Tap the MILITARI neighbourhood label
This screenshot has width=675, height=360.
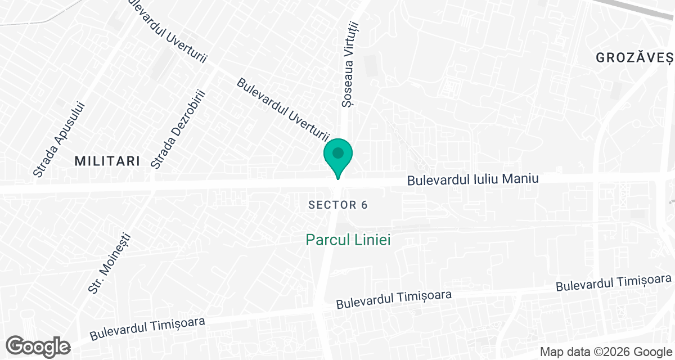pyautogui.click(x=107, y=161)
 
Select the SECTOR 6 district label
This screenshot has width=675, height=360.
pyautogui.click(x=338, y=205)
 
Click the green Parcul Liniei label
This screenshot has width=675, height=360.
pyautogui.click(x=348, y=240)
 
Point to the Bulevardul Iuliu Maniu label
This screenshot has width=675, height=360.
pyautogui.click(x=472, y=180)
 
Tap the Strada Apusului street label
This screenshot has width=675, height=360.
pyautogui.click(x=58, y=139)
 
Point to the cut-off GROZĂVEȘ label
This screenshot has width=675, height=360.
pyautogui.click(x=634, y=57)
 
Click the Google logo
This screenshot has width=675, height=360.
pyautogui.click(x=38, y=345)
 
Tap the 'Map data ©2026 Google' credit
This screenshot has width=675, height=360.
pyautogui.click(x=605, y=352)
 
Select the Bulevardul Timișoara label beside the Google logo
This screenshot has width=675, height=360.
pyautogui.click(x=147, y=330)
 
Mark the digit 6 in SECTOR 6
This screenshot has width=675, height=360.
pyautogui.click(x=364, y=205)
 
